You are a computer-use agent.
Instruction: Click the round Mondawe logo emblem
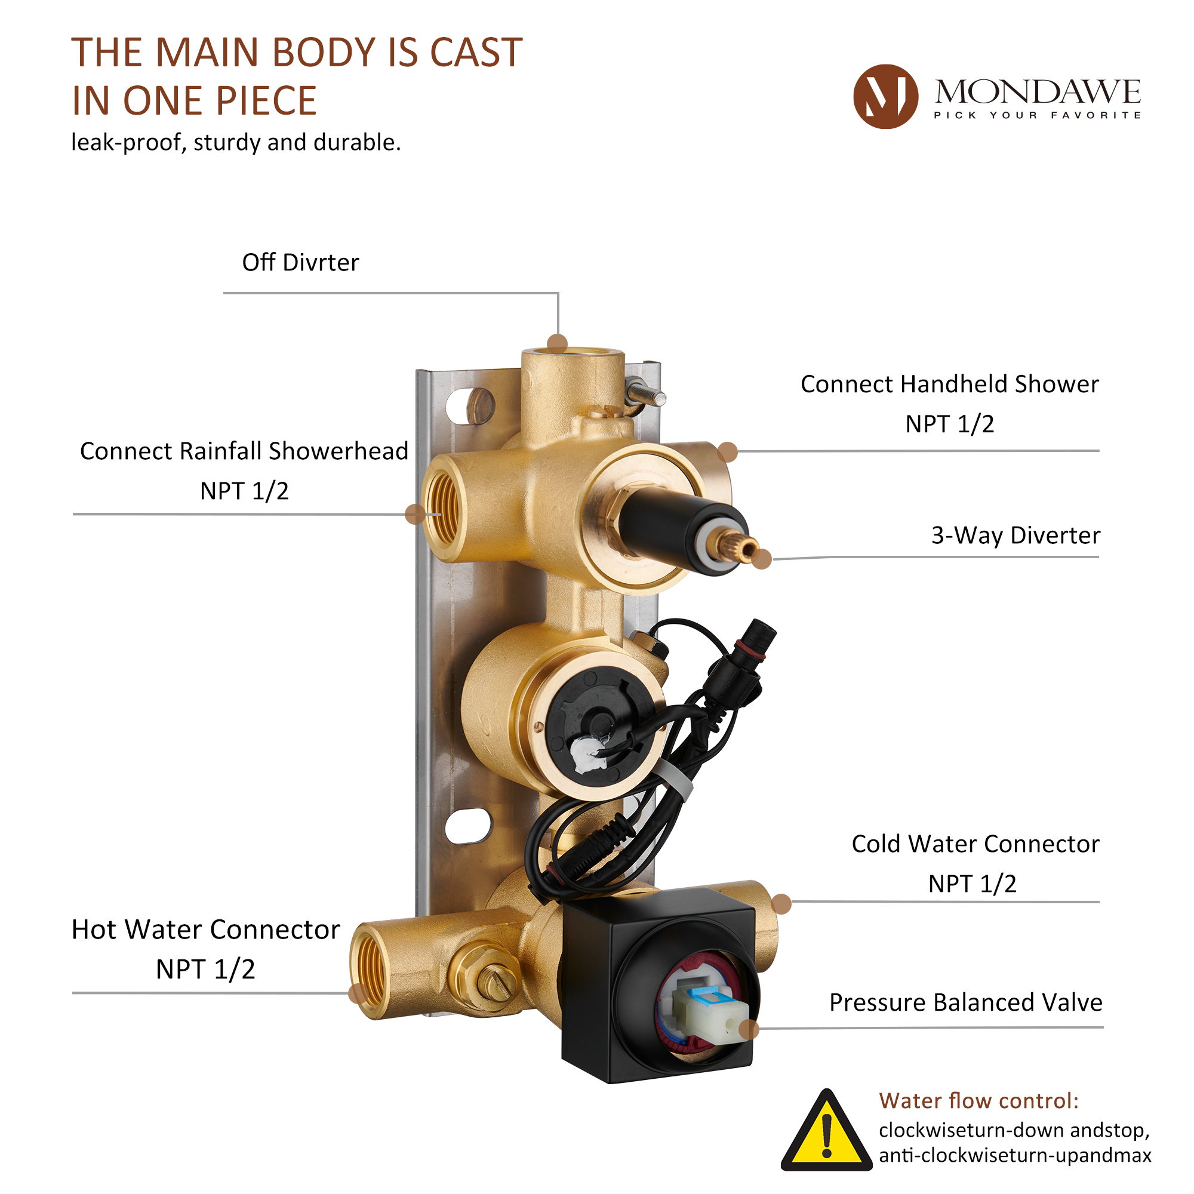(885, 96)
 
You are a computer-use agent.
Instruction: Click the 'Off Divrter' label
(300, 263)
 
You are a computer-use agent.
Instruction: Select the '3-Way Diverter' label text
(1015, 535)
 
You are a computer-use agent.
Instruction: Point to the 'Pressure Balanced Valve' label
(965, 1002)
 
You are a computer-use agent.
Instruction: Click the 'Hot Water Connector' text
(206, 930)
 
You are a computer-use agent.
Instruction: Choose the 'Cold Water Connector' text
(975, 844)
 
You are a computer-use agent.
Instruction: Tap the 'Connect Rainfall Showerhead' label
(244, 451)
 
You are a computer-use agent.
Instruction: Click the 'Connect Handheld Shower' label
(949, 384)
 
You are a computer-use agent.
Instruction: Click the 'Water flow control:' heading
(978, 1101)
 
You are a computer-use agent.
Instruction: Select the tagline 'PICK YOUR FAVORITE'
(1037, 116)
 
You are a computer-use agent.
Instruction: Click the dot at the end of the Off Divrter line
(558, 344)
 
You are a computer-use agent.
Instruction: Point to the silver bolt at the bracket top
(646, 393)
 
